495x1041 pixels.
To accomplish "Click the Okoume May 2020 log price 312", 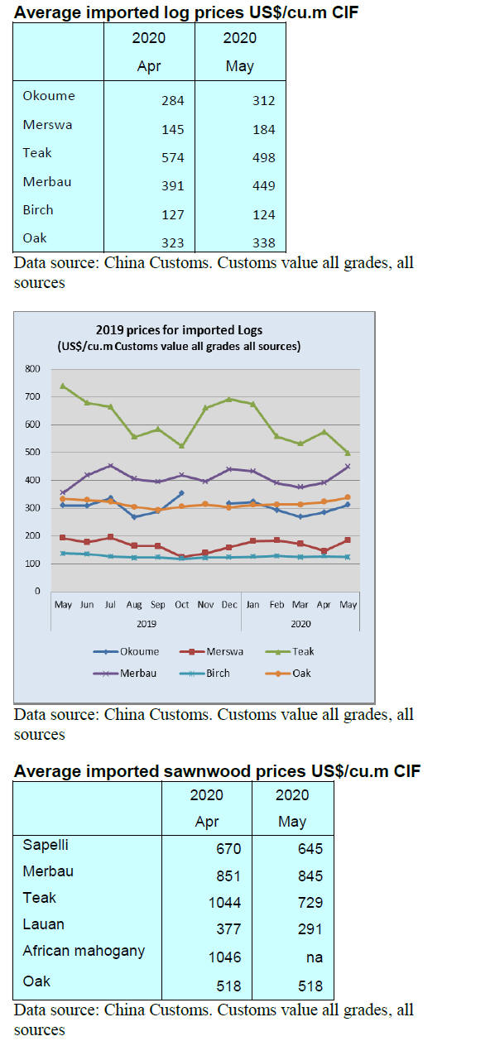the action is [263, 101].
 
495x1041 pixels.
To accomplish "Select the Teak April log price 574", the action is [172, 157].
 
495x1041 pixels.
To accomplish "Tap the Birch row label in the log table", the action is [38, 210].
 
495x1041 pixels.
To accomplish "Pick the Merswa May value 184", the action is [263, 130].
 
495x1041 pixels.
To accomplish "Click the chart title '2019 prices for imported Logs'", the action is [179, 330].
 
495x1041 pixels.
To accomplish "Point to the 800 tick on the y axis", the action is [32, 369].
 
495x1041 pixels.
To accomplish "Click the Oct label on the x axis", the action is [182, 605].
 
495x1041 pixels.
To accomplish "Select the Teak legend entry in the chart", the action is [290, 651].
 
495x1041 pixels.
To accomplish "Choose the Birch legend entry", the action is [204, 674].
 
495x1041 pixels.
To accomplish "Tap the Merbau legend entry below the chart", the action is [124, 674].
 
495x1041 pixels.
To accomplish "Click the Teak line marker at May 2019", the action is [63, 386].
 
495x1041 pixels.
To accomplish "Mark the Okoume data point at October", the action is [182, 492].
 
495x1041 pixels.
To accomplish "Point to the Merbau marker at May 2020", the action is [348, 467].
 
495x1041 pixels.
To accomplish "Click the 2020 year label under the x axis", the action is [300, 624].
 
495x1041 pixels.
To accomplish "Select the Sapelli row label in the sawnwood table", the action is [46, 844].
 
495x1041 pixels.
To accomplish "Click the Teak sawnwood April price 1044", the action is [224, 903].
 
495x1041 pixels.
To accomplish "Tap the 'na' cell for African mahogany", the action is [315, 957].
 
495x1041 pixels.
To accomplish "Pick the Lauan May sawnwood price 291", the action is [310, 929].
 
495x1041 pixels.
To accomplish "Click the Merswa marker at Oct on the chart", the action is [182, 557].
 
